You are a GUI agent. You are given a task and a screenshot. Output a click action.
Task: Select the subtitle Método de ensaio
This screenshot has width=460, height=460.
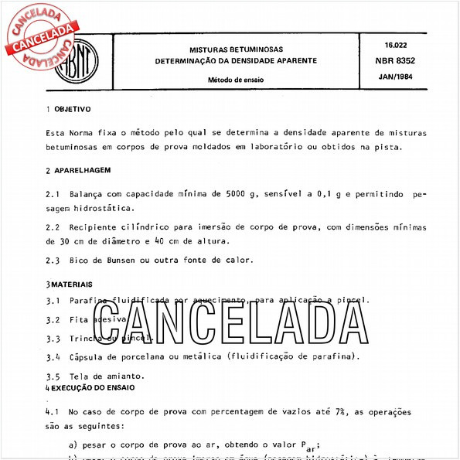tap(235, 80)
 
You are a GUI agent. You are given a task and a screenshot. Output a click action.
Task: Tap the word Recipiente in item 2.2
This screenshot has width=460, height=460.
tap(98, 228)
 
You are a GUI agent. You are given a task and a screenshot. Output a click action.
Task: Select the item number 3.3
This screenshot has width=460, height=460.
tap(53, 339)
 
